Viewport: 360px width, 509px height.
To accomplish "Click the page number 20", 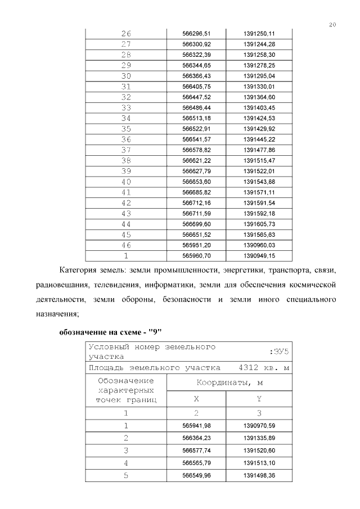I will click(333, 24).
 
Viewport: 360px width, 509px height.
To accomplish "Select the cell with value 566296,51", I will click(196, 34).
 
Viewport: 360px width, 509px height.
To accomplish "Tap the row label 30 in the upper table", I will click(126, 76).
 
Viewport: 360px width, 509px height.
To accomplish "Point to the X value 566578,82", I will click(196, 150).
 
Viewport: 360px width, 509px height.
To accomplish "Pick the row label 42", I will click(126, 203).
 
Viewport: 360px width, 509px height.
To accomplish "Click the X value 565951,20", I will click(196, 245).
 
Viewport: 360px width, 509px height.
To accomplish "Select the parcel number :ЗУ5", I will click(280, 352).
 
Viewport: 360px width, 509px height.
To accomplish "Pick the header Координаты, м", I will click(230, 383).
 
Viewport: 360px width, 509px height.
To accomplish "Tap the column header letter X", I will click(196, 399).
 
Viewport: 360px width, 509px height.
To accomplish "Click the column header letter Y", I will click(259, 399).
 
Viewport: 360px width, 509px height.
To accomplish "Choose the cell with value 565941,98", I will click(196, 426).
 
